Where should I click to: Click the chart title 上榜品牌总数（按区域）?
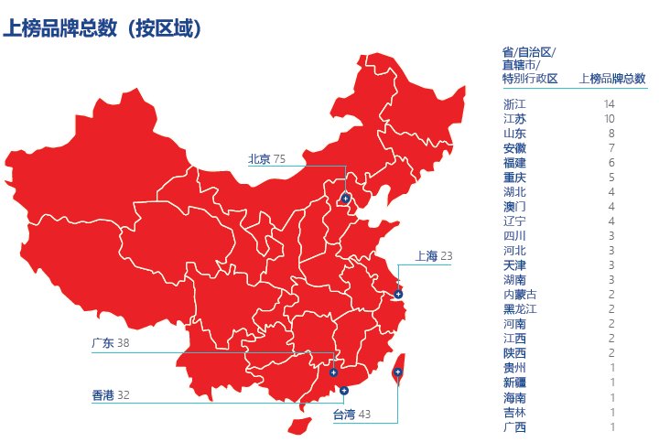pos(102,28)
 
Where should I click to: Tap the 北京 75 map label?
pos(266,159)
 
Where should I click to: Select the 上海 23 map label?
pos(433,256)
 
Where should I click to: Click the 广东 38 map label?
pos(110,343)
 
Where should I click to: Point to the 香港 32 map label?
pos(110,395)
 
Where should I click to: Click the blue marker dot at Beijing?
pos(345,198)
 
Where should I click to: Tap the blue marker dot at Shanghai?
pos(398,295)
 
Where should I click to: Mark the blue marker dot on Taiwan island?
pos(398,372)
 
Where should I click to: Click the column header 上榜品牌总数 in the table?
pos(612,79)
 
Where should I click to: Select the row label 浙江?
pos(514,104)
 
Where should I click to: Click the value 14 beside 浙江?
pos(609,104)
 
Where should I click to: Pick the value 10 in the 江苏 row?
pos(609,119)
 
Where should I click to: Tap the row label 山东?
pos(514,134)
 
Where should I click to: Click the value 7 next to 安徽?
pos(611,148)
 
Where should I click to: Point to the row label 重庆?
pos(514,178)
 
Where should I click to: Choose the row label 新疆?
pos(514,383)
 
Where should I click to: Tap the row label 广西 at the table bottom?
pos(514,426)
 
